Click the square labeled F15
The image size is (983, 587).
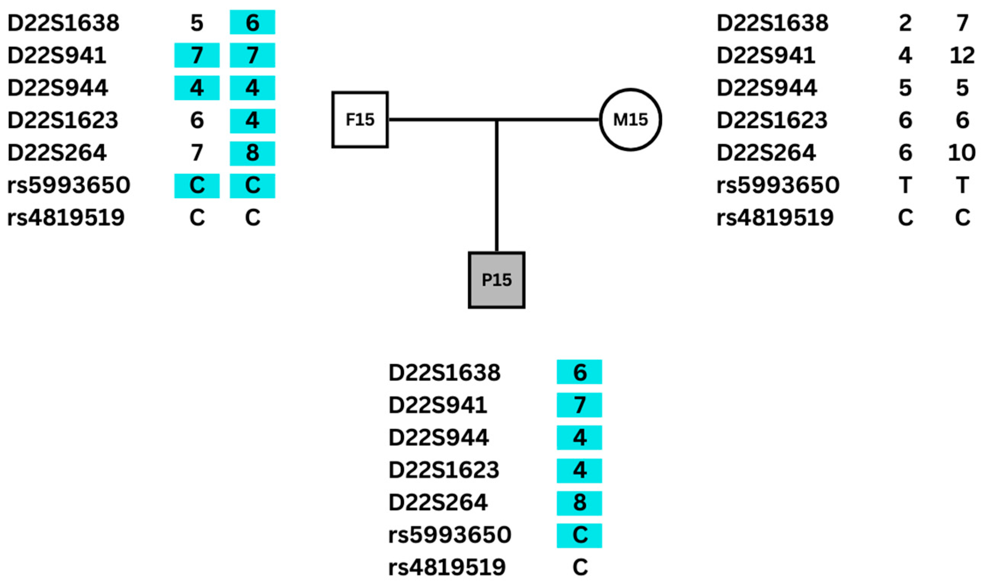(x=360, y=119)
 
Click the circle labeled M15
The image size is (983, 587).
(x=630, y=119)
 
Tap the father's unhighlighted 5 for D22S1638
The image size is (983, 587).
(x=197, y=23)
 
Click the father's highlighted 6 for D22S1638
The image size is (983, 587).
(x=252, y=22)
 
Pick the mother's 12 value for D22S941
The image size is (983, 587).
(x=962, y=56)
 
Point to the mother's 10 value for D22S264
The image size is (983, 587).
(x=962, y=153)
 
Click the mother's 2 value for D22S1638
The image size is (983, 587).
(x=905, y=23)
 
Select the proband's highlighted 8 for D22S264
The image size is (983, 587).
(x=579, y=503)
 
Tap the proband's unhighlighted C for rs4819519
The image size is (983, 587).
(x=580, y=567)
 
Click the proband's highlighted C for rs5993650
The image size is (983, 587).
(x=579, y=535)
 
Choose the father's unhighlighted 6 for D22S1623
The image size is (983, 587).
(x=197, y=120)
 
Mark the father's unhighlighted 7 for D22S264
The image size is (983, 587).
(x=197, y=153)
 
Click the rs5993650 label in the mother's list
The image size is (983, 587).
(x=778, y=185)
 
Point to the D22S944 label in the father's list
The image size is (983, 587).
(x=57, y=88)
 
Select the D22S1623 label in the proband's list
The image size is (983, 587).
(x=444, y=470)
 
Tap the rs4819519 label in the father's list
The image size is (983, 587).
(x=66, y=218)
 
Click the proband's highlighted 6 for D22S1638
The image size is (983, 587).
(x=579, y=372)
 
